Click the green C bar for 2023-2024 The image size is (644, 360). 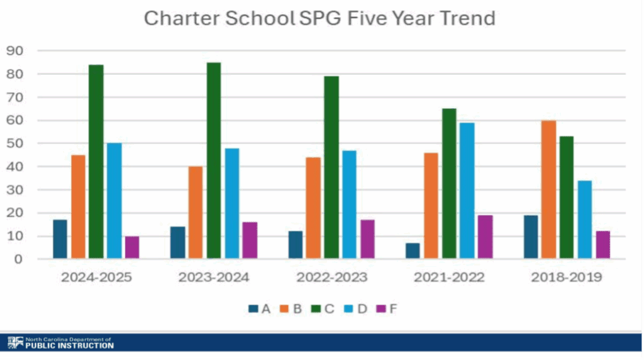coord(213,160)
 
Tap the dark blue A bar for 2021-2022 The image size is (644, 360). coord(413,250)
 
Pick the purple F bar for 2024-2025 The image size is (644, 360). coord(132,247)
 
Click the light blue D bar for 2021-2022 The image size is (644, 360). coord(467,190)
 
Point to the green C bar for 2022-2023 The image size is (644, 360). coord(331,167)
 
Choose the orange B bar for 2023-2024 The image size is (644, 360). coord(196,212)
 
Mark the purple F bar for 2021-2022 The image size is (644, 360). coord(485,237)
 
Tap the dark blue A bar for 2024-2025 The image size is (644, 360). coord(60,239)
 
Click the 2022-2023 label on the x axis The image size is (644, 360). coord(331,278)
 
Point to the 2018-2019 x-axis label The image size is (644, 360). coord(567,278)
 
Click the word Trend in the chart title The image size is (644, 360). coord(464,18)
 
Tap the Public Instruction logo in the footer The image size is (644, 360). coord(61,342)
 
